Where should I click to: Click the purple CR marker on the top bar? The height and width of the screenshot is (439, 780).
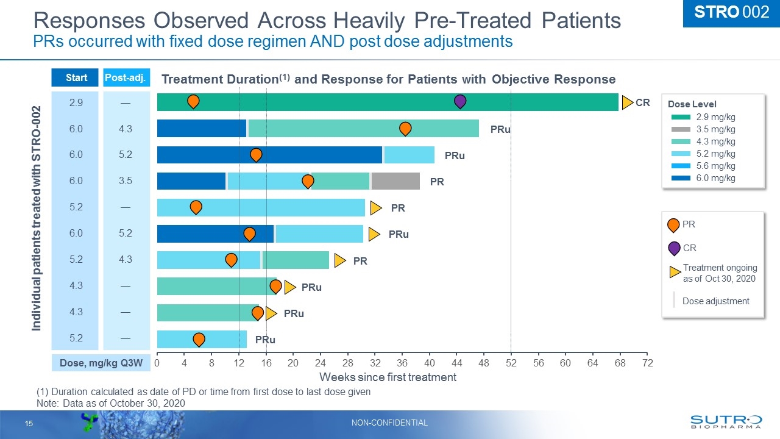click(460, 102)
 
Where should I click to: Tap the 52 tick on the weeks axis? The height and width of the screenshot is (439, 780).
click(511, 363)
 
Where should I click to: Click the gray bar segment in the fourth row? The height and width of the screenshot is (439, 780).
click(395, 181)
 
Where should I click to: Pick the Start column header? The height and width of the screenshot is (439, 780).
click(76, 78)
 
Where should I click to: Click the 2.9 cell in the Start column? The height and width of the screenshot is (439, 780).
click(76, 102)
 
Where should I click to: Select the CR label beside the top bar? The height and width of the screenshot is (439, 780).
click(642, 103)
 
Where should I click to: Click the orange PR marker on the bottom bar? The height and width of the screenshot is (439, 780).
click(199, 339)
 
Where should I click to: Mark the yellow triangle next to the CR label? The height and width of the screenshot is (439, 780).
click(627, 103)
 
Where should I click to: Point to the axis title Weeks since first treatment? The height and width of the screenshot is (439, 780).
click(388, 377)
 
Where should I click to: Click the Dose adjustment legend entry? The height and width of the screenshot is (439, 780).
click(715, 301)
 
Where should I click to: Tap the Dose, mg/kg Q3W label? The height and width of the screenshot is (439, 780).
click(101, 363)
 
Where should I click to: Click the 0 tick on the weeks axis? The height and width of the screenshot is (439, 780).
click(157, 363)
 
